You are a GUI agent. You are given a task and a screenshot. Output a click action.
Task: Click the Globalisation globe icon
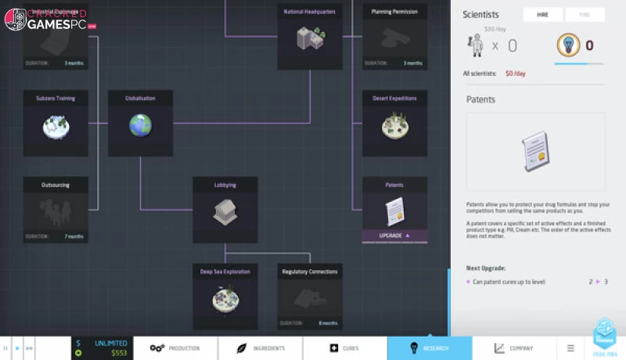tap(140, 124)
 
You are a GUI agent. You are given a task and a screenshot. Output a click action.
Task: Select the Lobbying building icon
tap(225, 210)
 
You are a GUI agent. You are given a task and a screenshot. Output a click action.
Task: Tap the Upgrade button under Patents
tap(394, 236)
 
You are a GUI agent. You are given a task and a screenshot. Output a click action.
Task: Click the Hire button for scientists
tap(543, 15)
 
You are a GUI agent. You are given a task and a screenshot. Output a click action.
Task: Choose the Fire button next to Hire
tap(584, 15)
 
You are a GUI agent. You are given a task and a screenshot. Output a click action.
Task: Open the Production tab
tap(175, 348)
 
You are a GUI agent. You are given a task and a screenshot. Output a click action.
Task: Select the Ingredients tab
tap(260, 348)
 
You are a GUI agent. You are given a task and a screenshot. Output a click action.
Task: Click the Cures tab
tap(344, 348)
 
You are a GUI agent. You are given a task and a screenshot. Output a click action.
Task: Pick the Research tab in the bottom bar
tap(430, 348)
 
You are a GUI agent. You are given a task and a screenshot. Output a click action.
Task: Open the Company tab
tap(514, 348)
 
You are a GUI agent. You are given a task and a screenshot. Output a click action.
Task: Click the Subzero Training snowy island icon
tap(55, 124)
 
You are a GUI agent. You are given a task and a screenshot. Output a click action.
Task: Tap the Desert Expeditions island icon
tap(394, 124)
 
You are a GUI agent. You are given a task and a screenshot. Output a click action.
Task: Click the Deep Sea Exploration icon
tap(225, 297)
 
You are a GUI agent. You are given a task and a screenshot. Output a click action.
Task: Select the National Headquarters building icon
tap(310, 37)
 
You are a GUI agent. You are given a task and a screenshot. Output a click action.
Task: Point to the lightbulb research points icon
tap(567, 44)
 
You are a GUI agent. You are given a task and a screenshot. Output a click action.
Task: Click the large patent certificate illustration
tap(535, 152)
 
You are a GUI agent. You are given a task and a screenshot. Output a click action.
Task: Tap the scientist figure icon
tap(474, 45)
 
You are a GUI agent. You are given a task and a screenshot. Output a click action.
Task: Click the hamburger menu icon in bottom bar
tap(570, 348)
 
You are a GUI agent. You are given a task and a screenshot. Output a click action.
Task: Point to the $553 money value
tap(118, 353)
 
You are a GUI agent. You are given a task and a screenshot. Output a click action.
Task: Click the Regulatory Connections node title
tap(310, 272)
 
